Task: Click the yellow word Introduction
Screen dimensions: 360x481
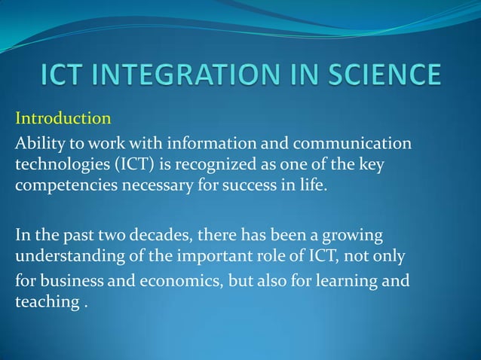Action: pyautogui.click(x=63, y=119)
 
